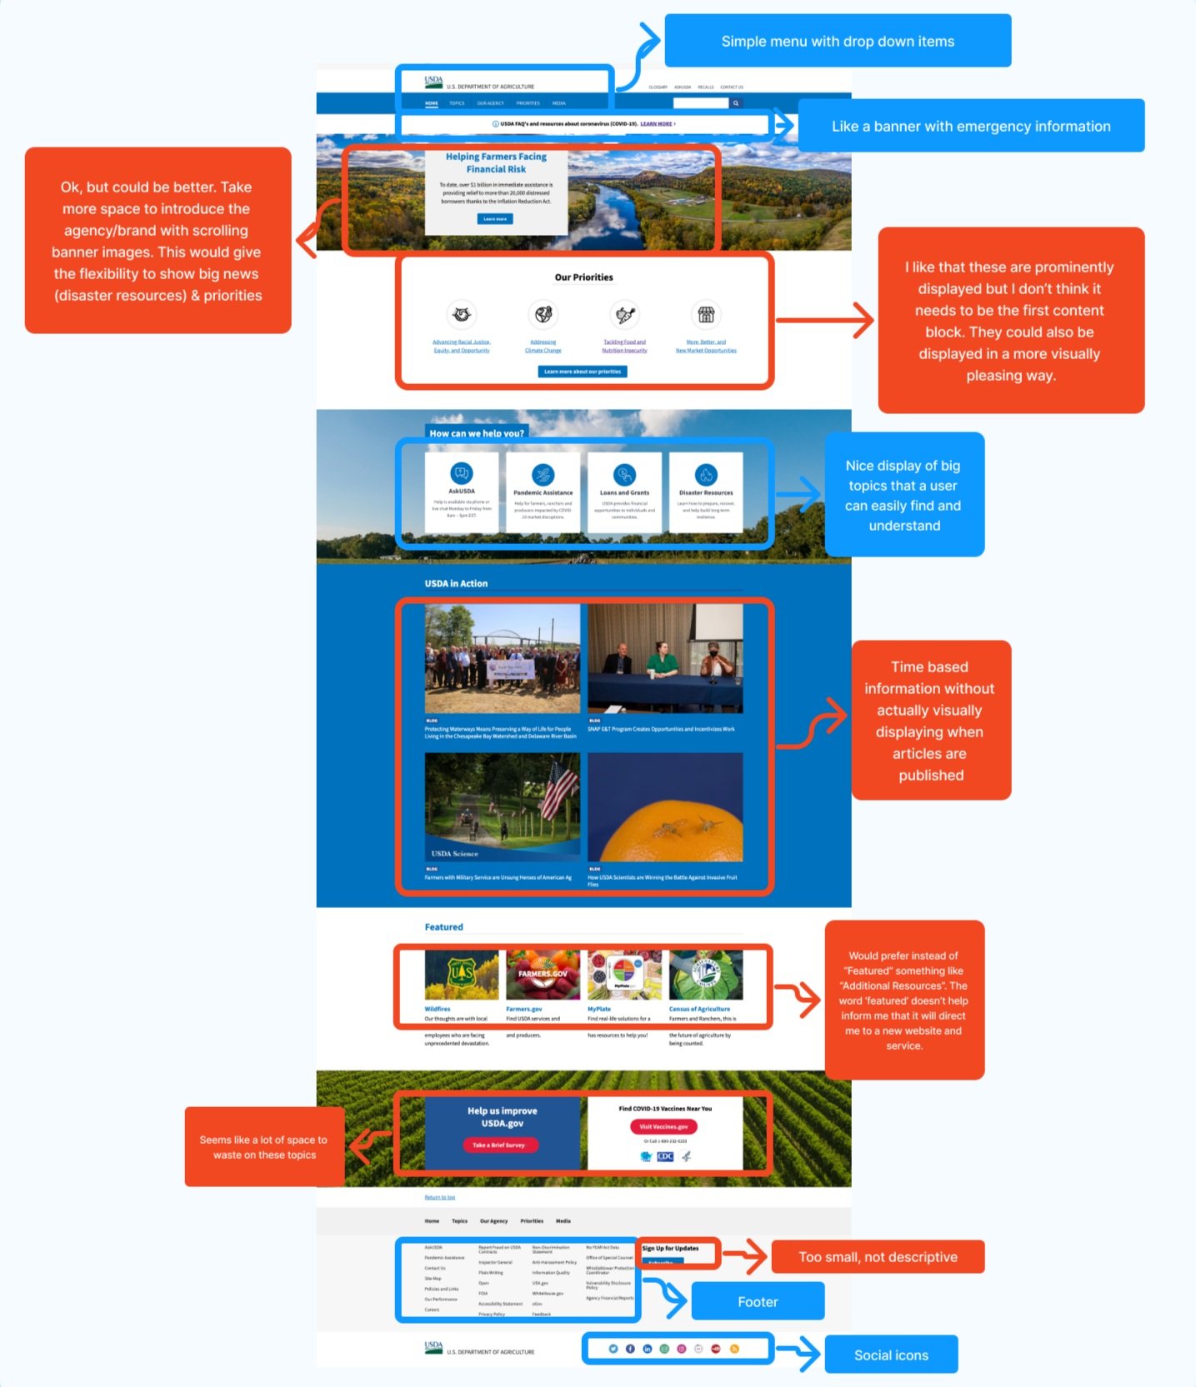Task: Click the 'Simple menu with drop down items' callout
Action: (x=837, y=41)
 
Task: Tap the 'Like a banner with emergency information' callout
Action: (x=970, y=126)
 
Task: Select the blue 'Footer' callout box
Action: (x=758, y=1301)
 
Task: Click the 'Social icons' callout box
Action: (x=890, y=1355)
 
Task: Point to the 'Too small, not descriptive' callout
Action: (x=878, y=1257)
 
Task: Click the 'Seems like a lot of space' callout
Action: (x=263, y=1147)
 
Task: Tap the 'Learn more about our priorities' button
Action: (x=583, y=372)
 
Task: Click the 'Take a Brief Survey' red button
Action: (x=499, y=1145)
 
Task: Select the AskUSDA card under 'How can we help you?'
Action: (x=462, y=491)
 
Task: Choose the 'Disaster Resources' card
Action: (x=706, y=491)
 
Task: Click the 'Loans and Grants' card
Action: (x=624, y=491)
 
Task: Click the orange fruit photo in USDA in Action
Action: (x=665, y=807)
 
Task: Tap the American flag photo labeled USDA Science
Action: (x=502, y=807)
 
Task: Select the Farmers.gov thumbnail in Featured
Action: (x=543, y=975)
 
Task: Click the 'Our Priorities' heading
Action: (x=583, y=277)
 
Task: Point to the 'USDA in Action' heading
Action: (x=456, y=583)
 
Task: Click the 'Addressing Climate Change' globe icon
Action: (x=543, y=315)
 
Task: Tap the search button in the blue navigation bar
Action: (x=736, y=103)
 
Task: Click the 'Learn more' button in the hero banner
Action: (x=495, y=219)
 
